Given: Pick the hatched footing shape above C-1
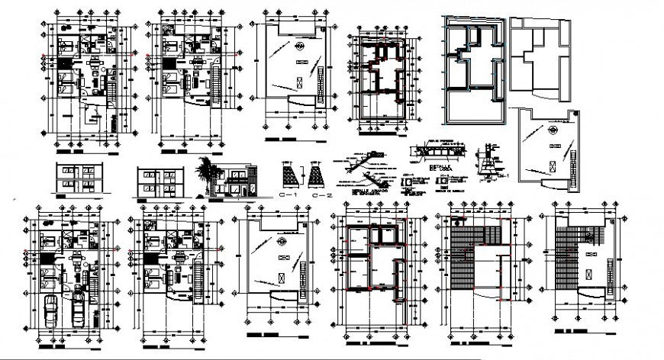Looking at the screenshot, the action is (x=287, y=178).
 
